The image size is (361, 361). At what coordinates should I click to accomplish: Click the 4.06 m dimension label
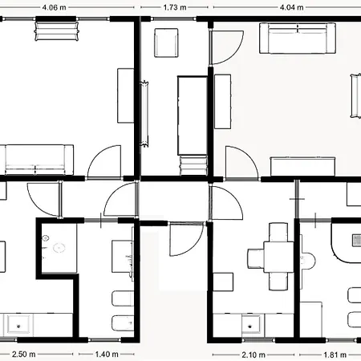pos(54,7)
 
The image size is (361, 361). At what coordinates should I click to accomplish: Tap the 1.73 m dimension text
pos(175,7)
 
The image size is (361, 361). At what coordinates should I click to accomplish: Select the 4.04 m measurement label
pos(291,7)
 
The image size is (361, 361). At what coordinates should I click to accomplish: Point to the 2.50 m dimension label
pos(23,355)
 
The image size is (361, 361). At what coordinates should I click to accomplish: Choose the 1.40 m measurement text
pos(107,355)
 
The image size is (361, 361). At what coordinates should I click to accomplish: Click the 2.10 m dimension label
pos(254,355)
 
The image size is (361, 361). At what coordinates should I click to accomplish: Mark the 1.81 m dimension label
pos(335,355)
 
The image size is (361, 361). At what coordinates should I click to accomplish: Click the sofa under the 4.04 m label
pos(298,39)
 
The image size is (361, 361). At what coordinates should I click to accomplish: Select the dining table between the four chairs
pos(279,257)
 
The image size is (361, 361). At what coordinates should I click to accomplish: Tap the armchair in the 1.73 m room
pos(166,43)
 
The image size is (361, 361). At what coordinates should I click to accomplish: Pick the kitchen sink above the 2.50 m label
pos(18,324)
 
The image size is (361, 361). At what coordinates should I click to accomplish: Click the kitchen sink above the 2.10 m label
pos(250,324)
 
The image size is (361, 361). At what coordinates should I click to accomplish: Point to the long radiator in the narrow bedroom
pos(145,114)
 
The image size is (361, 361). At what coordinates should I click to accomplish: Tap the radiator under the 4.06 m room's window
pos(57,31)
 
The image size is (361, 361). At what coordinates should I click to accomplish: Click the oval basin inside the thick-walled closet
pos(59,248)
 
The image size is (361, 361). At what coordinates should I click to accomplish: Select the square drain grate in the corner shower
pos(357,240)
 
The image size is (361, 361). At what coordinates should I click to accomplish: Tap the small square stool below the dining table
pos(223,282)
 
